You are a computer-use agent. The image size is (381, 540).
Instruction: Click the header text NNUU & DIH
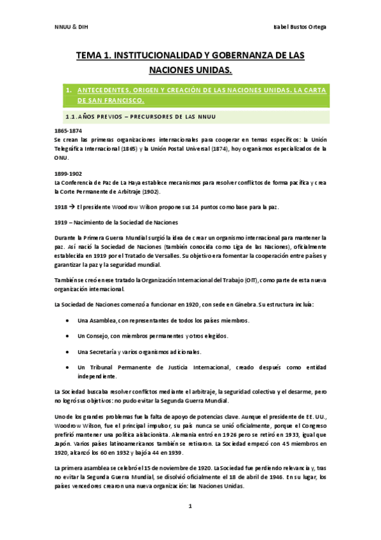click(66, 29)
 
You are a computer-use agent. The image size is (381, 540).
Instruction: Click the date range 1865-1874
click(68, 131)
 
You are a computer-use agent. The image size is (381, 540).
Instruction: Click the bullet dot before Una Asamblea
click(68, 320)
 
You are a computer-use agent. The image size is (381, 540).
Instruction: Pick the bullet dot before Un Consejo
click(68, 336)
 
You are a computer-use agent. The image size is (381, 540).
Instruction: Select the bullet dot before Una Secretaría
click(68, 352)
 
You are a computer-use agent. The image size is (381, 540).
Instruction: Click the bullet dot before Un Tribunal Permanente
click(68, 367)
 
